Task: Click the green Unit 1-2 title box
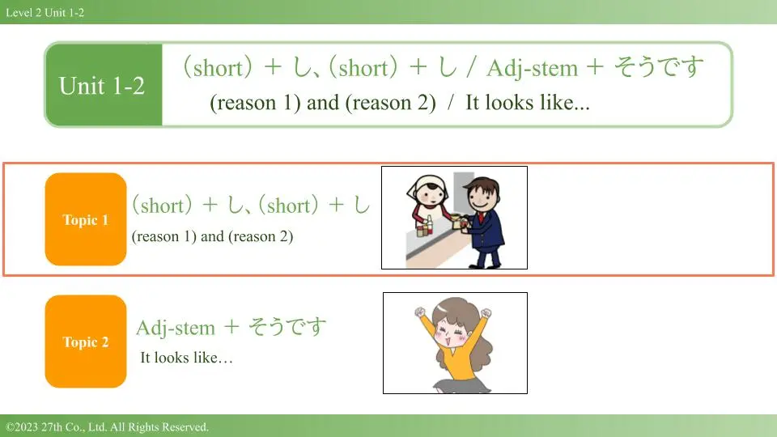[x=104, y=85]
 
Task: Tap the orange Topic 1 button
[x=86, y=219]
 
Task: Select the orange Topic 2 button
[x=86, y=342]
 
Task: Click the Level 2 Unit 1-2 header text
[x=45, y=12]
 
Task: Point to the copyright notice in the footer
[x=107, y=426]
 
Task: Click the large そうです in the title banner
[x=659, y=67]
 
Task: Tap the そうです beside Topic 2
[x=287, y=327]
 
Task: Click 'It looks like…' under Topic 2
[x=186, y=357]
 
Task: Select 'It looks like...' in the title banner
[x=527, y=103]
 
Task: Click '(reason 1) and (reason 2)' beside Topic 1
[x=212, y=236]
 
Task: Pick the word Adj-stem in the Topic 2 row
[x=176, y=328]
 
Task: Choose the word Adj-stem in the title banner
[x=533, y=68]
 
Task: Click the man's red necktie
[x=482, y=217]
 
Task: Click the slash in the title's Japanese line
[x=470, y=67]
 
